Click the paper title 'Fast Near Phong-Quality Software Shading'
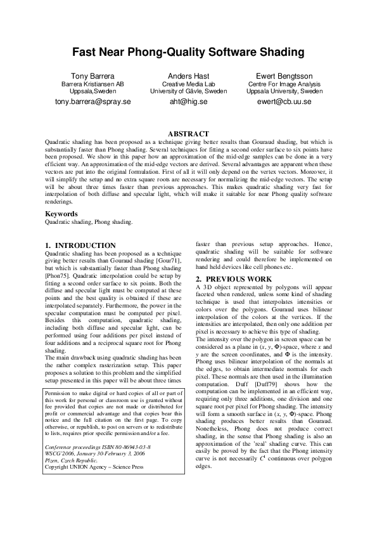(x=188, y=52)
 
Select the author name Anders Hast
(x=188, y=76)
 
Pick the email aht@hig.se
(x=188, y=101)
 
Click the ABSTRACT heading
(x=188, y=134)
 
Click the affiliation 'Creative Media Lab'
(x=188, y=84)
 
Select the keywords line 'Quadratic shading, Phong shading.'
(x=88, y=223)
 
